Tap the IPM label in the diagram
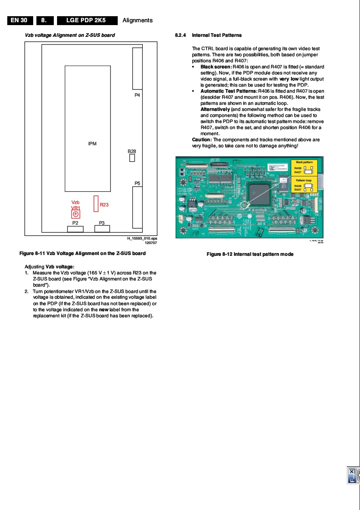[x=92, y=144]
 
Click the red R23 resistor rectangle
[x=96, y=204]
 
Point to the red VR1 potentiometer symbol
[x=76, y=214]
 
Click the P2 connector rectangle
[x=75, y=229]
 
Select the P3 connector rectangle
[x=102, y=229]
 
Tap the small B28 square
[x=132, y=158]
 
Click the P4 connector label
[x=137, y=95]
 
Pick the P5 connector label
[x=137, y=183]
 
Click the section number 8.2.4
[x=180, y=35]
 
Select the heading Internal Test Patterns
[x=217, y=35]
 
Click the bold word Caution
[x=201, y=140]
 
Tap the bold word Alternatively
[x=215, y=109]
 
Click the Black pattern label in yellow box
[x=304, y=162]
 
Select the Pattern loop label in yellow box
[x=304, y=180]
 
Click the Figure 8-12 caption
[x=250, y=254]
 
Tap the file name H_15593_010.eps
[x=142, y=238]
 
